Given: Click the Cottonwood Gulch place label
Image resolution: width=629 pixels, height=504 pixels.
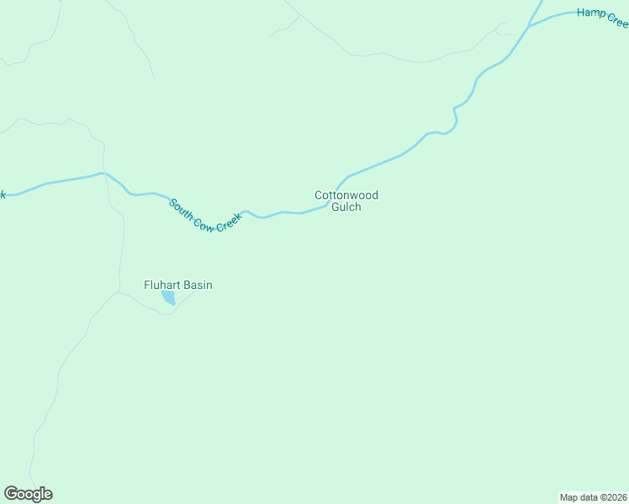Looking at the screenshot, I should pyautogui.click(x=346, y=201).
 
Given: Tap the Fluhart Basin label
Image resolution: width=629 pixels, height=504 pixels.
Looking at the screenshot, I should pyautogui.click(x=177, y=286).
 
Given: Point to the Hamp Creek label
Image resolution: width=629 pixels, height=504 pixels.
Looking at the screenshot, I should pyautogui.click(x=602, y=17).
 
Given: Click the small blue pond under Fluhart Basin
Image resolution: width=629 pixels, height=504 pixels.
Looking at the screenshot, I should pyautogui.click(x=169, y=298).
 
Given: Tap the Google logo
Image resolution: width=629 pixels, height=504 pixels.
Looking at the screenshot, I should pyautogui.click(x=28, y=494).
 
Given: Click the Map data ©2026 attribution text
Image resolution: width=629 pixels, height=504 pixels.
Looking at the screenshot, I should pyautogui.click(x=592, y=496).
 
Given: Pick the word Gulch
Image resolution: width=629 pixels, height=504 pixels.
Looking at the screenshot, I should pyautogui.click(x=346, y=207).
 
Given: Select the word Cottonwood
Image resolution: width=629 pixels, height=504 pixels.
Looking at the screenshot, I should pyautogui.click(x=346, y=195).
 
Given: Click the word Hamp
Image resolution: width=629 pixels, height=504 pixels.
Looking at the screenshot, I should pyautogui.click(x=591, y=13).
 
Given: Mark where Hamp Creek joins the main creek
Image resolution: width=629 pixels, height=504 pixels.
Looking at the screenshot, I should pyautogui.click(x=530, y=26).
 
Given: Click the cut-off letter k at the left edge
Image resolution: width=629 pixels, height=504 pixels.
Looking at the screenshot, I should pyautogui.click(x=3, y=195).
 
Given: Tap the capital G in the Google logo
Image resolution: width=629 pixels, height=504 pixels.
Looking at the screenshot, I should pyautogui.click(x=11, y=494).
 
